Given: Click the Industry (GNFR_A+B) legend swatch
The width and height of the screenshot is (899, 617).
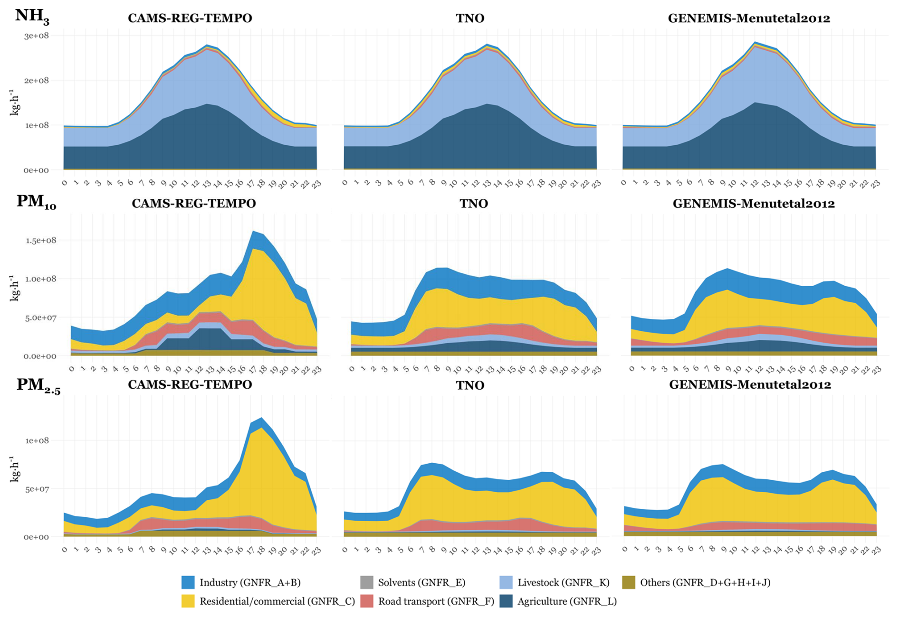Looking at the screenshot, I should [x=188, y=582].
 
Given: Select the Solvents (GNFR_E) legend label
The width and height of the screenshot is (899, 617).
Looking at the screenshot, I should [x=421, y=582].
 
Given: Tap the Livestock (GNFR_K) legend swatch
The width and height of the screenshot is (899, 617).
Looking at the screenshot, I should [x=507, y=582].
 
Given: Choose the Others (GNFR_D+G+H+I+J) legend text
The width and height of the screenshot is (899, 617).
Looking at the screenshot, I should [x=705, y=582].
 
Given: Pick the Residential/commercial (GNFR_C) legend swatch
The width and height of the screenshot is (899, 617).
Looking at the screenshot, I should [x=188, y=601].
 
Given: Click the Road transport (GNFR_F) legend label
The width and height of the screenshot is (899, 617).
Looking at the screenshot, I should [x=436, y=601].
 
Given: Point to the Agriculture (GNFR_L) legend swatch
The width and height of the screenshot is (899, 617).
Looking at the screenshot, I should [x=507, y=601].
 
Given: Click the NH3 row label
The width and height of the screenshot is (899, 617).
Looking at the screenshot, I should [x=32, y=17].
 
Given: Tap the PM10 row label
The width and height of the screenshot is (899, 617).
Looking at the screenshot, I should [x=36, y=202].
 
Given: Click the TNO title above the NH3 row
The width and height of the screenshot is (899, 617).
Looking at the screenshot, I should [x=470, y=19].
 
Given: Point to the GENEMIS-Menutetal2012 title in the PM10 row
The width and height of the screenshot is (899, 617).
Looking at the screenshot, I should [x=754, y=204].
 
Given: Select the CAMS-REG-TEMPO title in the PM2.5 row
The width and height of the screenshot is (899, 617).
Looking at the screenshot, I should [x=190, y=384].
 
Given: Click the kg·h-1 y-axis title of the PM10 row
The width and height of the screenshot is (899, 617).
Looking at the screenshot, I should [x=15, y=288].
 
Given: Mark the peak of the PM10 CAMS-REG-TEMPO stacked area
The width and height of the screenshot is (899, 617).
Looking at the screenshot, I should [x=254, y=231].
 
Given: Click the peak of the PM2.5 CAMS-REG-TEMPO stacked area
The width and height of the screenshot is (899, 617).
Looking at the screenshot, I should [x=261, y=418].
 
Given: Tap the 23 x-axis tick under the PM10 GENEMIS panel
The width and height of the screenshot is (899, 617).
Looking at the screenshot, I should [x=876, y=369].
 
